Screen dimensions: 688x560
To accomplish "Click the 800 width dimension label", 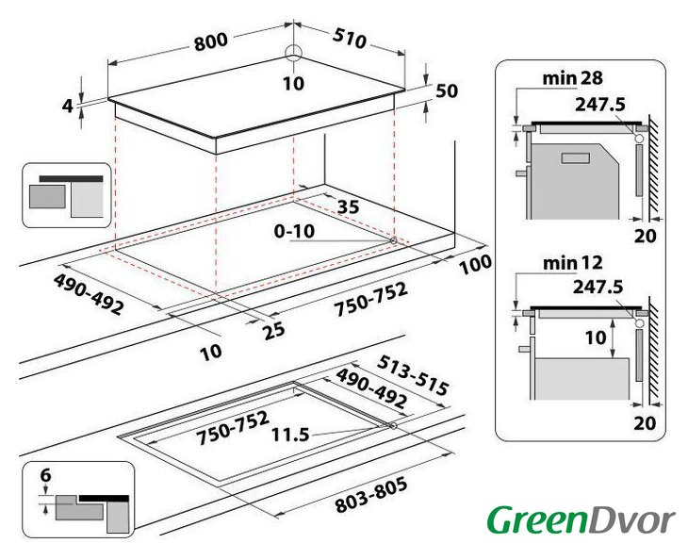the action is point(211,41).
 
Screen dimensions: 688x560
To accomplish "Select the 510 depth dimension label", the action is point(349,38).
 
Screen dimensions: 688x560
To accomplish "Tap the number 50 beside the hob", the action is point(447,91).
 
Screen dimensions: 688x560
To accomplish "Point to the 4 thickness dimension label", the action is point(67,106).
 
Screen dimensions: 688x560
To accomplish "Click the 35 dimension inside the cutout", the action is point(349,206).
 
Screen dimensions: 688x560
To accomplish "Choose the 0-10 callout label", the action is point(294,231).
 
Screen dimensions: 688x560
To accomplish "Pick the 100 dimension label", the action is point(475,264).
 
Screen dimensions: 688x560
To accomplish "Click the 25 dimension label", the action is point(274,331).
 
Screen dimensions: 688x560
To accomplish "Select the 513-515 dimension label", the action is point(413,375).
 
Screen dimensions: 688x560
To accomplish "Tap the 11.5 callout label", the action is point(290,435).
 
